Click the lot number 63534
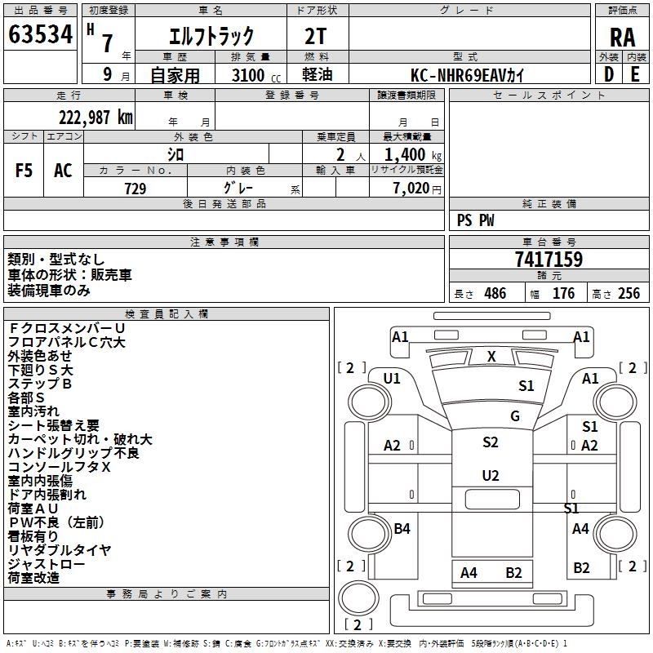(40, 34)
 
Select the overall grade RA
(623, 38)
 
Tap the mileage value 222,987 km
(96, 118)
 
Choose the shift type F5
(24, 171)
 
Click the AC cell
(63, 171)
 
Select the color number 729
(135, 189)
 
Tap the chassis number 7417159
(549, 259)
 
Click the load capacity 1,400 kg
(412, 154)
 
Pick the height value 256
(629, 293)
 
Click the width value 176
(563, 293)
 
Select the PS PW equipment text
(475, 220)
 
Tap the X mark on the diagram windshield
(491, 357)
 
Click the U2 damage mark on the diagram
(491, 476)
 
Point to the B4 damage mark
(402, 528)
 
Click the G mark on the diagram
(515, 415)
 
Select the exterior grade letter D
(609, 74)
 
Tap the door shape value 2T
(316, 36)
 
